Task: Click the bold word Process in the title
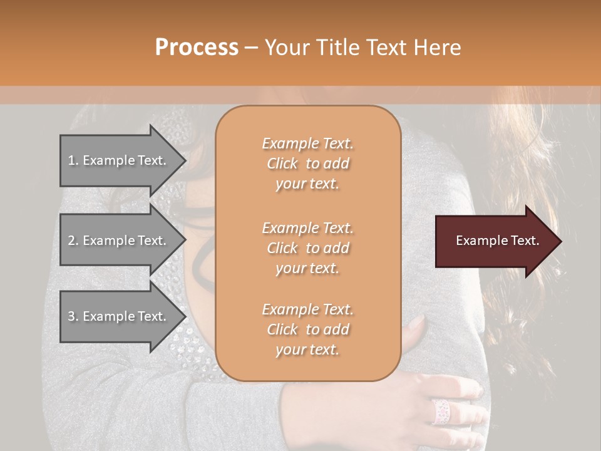click(197, 48)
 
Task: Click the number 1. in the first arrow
click(73, 160)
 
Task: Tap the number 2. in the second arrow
click(73, 241)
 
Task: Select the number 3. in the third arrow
click(73, 316)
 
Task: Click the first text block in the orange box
click(307, 163)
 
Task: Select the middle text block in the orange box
click(307, 247)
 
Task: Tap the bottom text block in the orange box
click(307, 329)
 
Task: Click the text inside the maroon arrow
click(498, 241)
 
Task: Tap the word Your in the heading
click(289, 48)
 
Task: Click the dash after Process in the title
click(252, 48)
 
